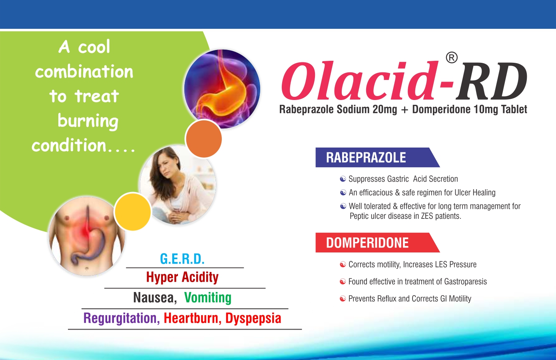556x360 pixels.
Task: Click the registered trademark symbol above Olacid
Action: (452, 58)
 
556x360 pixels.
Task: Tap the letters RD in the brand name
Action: (491, 80)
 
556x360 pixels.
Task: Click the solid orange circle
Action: (203, 139)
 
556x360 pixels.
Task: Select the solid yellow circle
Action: (133, 212)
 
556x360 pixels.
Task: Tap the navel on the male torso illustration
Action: (86, 269)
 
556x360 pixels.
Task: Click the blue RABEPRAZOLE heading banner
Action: (377, 157)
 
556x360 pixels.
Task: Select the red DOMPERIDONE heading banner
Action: (377, 242)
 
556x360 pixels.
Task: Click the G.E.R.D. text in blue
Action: (182, 259)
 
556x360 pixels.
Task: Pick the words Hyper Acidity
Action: (182, 277)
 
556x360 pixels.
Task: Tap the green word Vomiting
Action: (208, 298)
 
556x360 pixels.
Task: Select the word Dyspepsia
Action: (253, 318)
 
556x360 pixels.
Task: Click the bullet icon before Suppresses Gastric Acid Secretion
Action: (343, 179)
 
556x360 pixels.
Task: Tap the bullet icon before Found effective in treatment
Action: (343, 282)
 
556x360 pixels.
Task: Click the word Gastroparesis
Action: (465, 282)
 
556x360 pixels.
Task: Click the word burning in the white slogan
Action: (88, 121)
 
